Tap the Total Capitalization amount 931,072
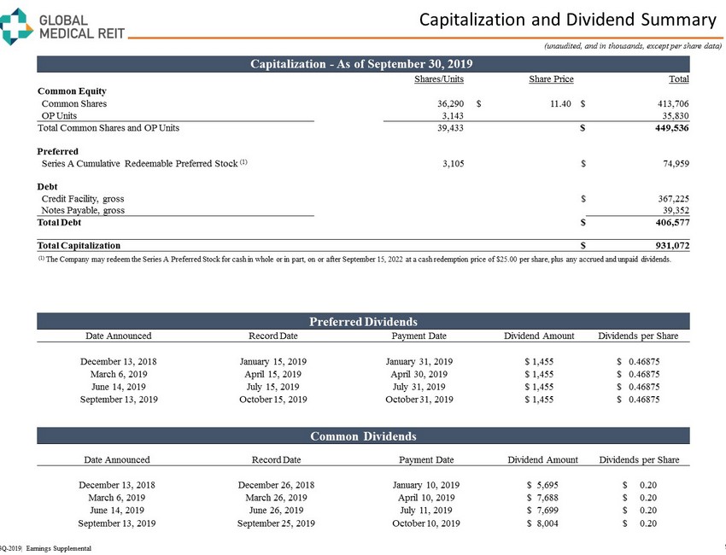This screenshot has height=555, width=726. [667, 245]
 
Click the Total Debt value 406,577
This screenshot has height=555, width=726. [667, 222]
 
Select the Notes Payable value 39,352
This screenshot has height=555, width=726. [670, 210]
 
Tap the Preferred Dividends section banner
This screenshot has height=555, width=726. [363, 322]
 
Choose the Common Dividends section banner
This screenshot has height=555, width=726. [363, 436]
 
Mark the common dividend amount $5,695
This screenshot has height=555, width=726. [543, 485]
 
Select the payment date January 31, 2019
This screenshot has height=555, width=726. [419, 361]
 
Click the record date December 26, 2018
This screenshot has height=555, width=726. [276, 485]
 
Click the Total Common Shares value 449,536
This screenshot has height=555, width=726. [667, 129]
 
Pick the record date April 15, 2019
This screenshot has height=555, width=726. [272, 374]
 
